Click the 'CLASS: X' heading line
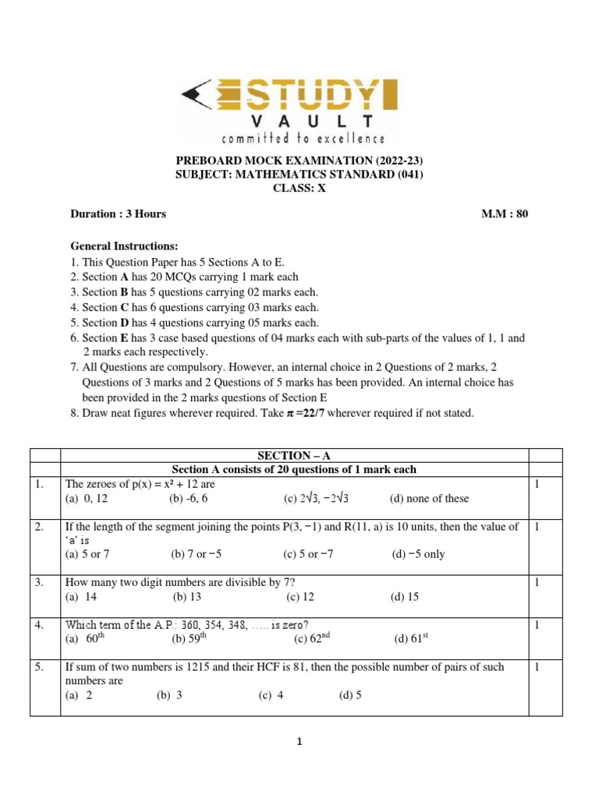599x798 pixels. (x=299, y=188)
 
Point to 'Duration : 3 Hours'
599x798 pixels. (x=118, y=214)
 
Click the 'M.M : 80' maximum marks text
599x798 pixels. (x=505, y=214)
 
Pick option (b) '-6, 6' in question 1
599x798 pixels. (x=192, y=499)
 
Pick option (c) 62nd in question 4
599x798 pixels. (x=313, y=639)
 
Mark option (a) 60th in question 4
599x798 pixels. (x=84, y=639)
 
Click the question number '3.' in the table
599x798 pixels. (x=39, y=582)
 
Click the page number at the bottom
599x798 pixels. (x=299, y=742)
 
